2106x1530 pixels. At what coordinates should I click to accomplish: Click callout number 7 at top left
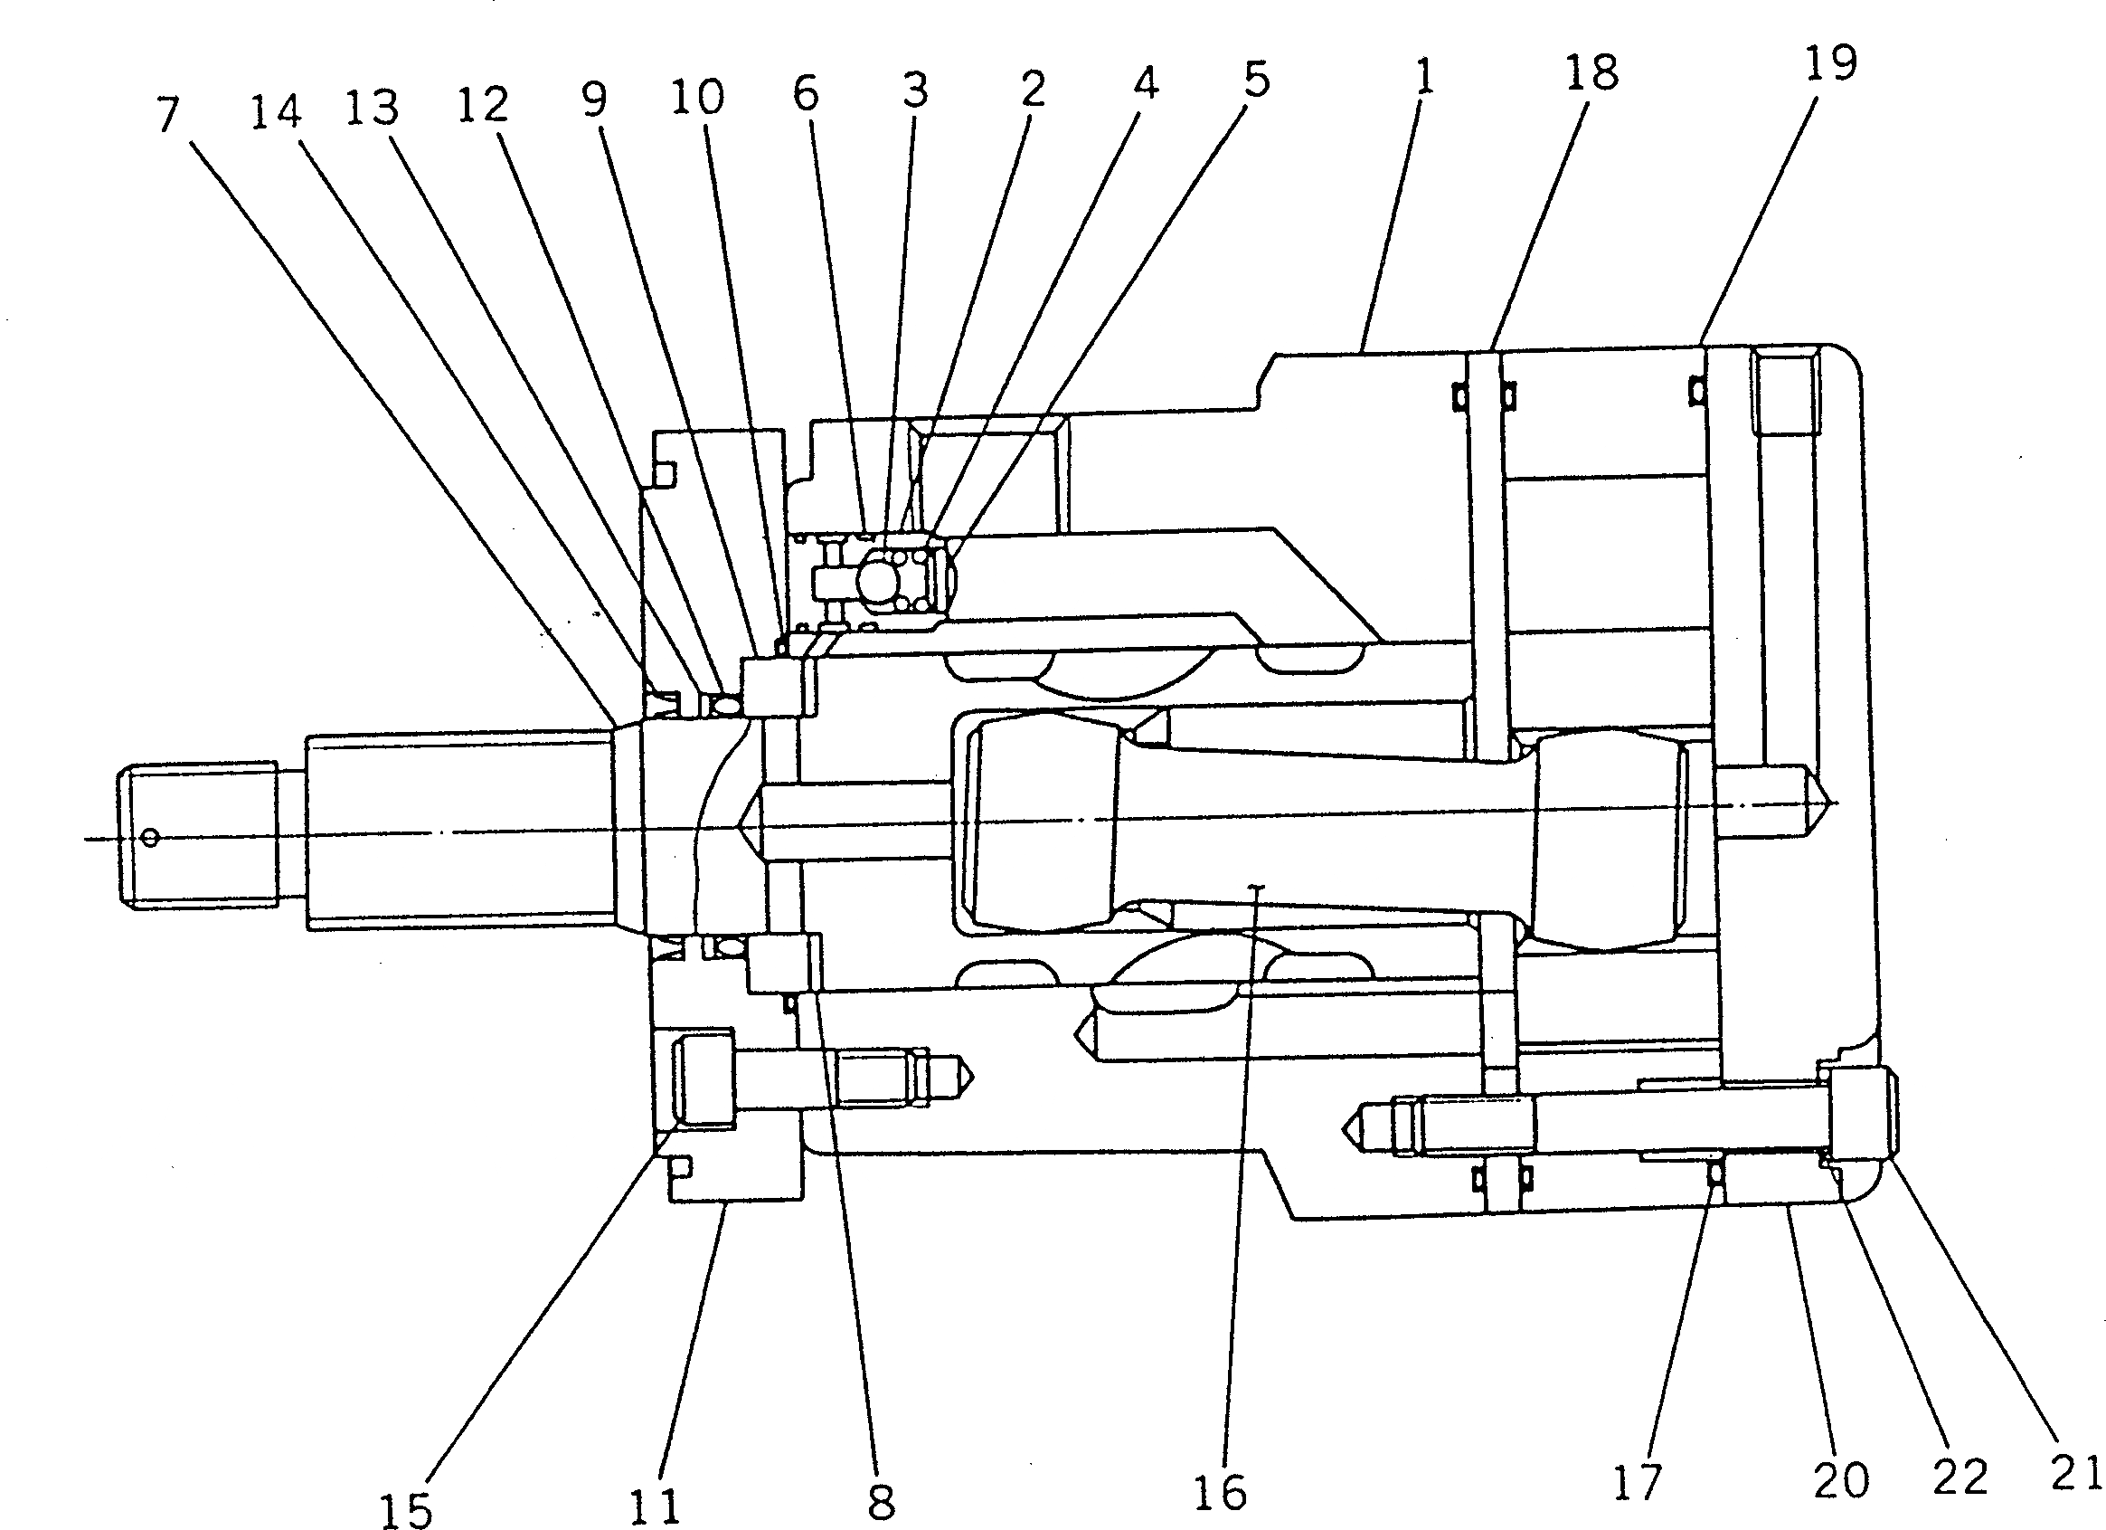pyautogui.click(x=167, y=115)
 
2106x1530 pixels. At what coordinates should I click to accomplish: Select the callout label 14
pyautogui.click(x=276, y=111)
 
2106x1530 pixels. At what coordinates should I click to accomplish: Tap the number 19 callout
pyautogui.click(x=1830, y=63)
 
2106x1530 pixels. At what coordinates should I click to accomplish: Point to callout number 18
pyautogui.click(x=1591, y=72)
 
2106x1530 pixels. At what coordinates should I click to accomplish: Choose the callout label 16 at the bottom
pyautogui.click(x=1220, y=1493)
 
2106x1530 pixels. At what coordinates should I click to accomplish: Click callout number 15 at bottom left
pyautogui.click(x=406, y=1509)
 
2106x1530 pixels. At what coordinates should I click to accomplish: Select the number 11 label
pyautogui.click(x=656, y=1506)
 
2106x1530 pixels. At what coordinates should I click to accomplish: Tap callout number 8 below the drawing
pyautogui.click(x=880, y=1500)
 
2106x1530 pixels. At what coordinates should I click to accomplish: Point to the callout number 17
pyautogui.click(x=1636, y=1481)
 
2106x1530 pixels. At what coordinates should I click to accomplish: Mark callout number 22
pyautogui.click(x=1960, y=1477)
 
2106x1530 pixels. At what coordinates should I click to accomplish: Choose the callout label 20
pyautogui.click(x=1840, y=1479)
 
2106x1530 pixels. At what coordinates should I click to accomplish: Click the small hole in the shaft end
pyautogui.click(x=151, y=839)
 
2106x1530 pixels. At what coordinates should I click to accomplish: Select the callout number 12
pyautogui.click(x=482, y=105)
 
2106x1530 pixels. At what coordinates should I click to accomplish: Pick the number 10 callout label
pyautogui.click(x=696, y=96)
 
